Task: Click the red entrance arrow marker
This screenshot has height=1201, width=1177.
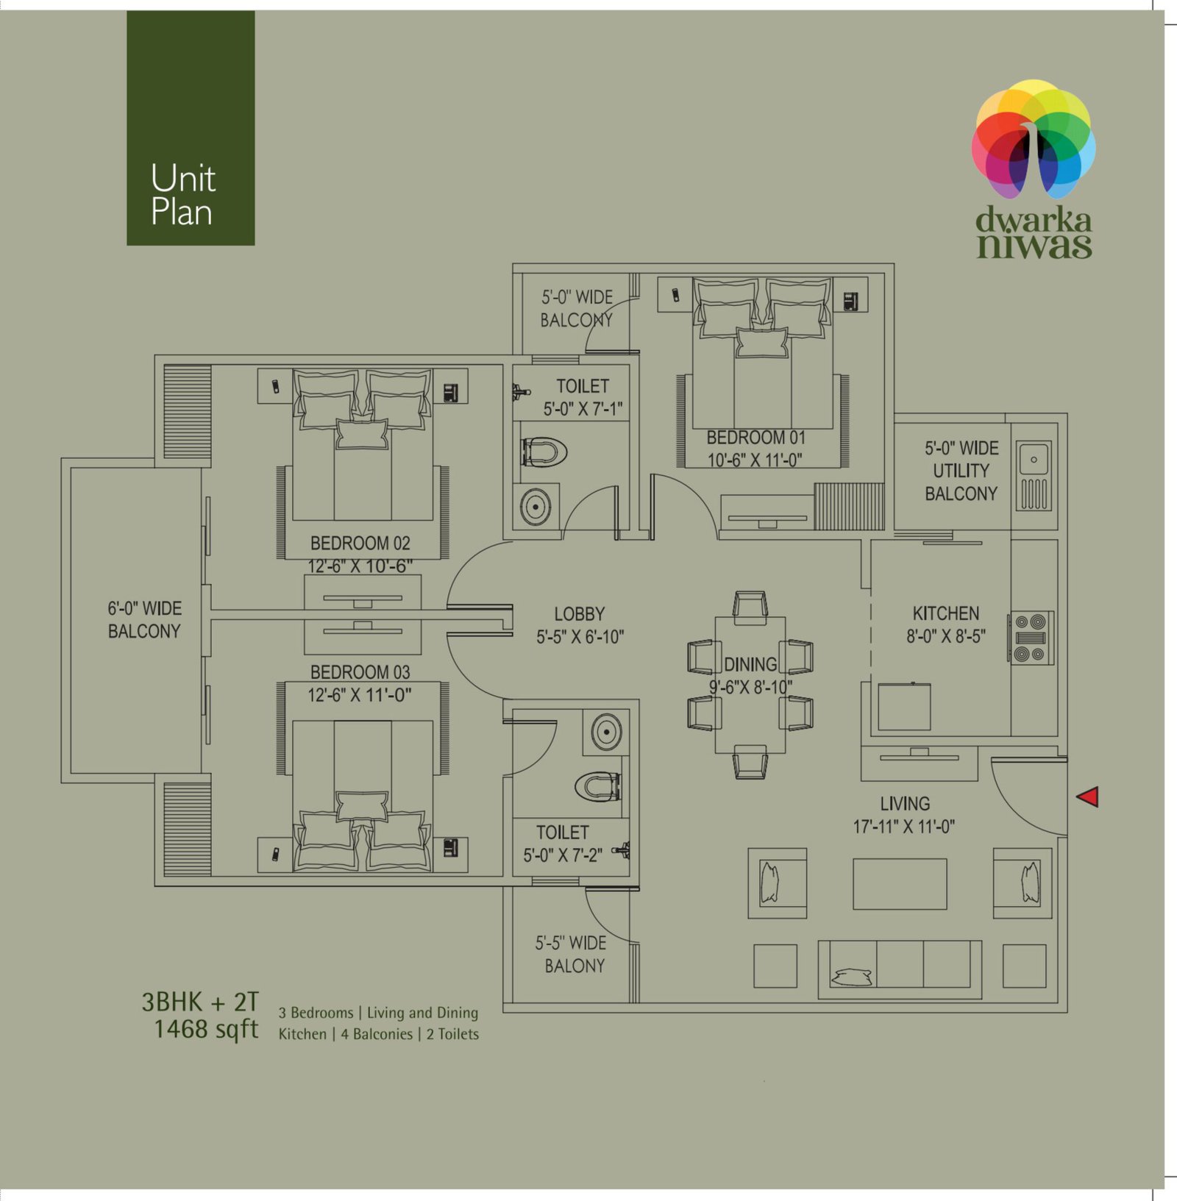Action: [x=1088, y=796]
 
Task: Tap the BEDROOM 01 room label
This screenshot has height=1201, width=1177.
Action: [x=756, y=438]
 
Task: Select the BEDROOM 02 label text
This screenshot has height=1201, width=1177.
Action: [x=360, y=544]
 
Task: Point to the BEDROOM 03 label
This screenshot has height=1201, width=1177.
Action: [x=360, y=672]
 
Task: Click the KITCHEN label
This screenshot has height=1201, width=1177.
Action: [x=946, y=613]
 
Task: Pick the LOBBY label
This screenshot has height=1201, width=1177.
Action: [x=580, y=614]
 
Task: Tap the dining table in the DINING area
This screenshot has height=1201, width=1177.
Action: [x=750, y=685]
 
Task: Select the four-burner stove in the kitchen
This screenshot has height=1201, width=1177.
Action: [x=1031, y=638]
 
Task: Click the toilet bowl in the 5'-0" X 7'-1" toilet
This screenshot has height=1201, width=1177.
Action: [x=544, y=452]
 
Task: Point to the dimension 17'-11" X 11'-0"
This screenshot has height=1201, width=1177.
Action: [x=904, y=827]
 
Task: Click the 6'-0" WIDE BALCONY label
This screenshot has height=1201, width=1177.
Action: [x=144, y=619]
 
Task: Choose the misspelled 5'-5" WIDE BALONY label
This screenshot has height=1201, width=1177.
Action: [x=572, y=954]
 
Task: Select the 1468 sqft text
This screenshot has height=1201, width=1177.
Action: [x=206, y=1030]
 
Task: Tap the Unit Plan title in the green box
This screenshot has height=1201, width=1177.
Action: [x=182, y=195]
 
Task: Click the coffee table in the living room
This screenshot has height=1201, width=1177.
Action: [x=900, y=884]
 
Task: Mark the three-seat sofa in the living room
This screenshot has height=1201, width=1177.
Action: [x=900, y=969]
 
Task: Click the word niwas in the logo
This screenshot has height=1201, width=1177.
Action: [x=1034, y=246]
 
